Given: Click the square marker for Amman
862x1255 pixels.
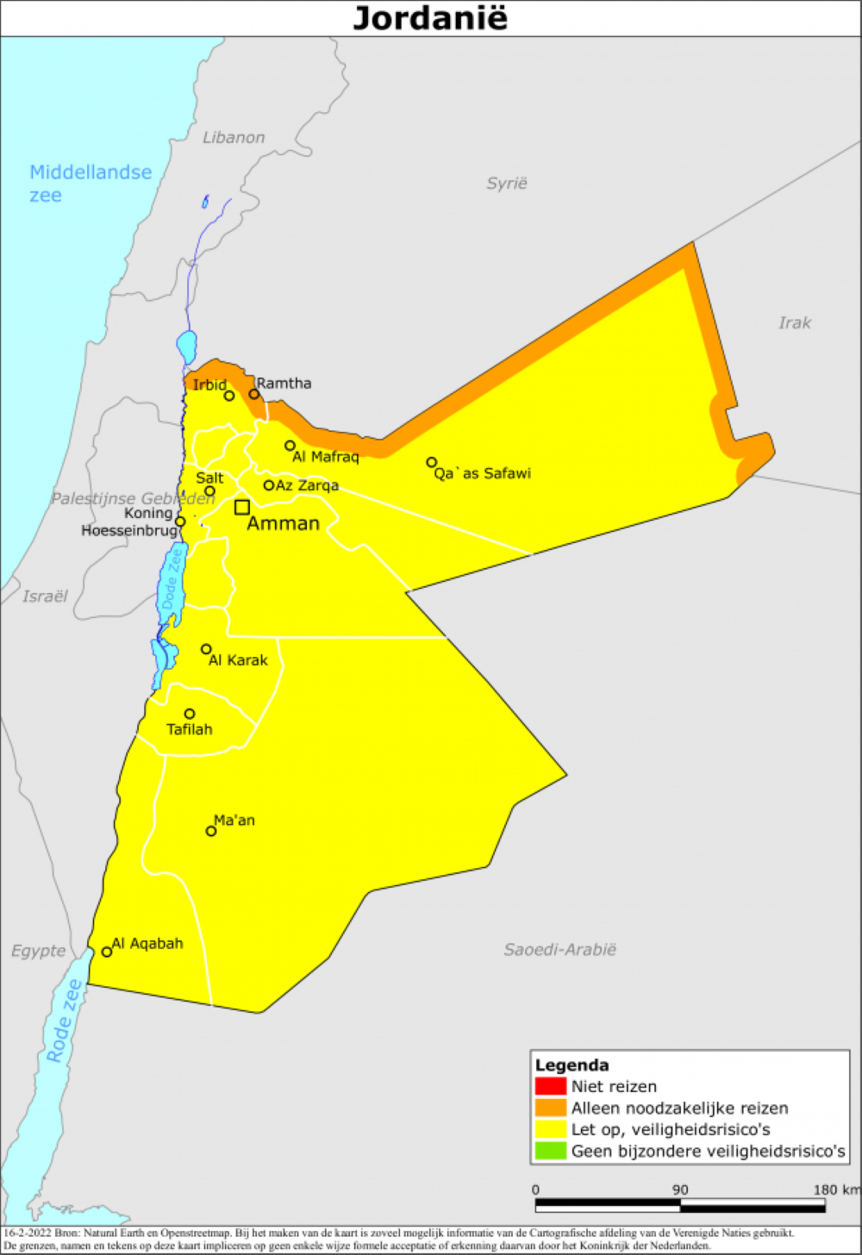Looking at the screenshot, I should [242, 507].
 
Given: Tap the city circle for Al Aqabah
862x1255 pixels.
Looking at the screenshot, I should [107, 952].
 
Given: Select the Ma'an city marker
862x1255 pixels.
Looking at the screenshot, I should [211, 831].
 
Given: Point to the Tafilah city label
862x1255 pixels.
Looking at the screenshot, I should [189, 729].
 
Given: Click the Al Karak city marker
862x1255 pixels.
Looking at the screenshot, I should [206, 649].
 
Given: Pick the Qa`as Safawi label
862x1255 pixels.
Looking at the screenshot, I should [482, 473].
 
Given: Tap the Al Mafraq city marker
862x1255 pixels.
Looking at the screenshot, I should [290, 446].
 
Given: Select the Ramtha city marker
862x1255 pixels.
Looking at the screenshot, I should [254, 394].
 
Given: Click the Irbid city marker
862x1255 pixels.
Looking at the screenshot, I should [229, 396].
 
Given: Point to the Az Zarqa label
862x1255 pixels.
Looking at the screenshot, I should [307, 485].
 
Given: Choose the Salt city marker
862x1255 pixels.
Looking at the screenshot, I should [209, 491].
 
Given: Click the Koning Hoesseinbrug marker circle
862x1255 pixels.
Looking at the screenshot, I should [180, 521].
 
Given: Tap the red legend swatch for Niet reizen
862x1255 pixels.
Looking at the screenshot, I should [550, 1086].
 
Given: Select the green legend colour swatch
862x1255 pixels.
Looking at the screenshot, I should [550, 1151].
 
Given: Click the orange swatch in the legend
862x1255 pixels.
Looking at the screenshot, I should [550, 1108].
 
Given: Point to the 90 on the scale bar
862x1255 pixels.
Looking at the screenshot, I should [680, 1190].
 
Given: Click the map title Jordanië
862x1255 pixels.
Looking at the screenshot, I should [430, 18].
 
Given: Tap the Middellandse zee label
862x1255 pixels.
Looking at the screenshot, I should [91, 184].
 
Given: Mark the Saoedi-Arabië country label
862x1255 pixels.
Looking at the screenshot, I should [559, 950].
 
